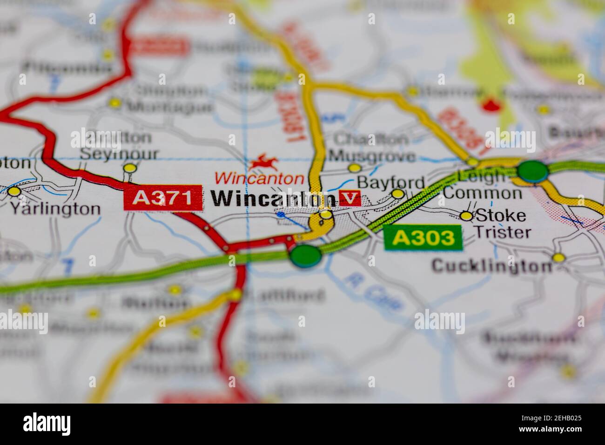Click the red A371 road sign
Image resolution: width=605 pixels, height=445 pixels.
point(163,198)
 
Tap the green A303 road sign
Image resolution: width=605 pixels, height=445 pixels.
point(423,238)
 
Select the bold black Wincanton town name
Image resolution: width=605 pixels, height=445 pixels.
point(274,199)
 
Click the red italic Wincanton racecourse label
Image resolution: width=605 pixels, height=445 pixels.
point(259,178)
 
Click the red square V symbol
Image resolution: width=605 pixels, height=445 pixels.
point(350,198)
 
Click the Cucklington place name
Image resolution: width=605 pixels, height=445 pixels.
point(491,266)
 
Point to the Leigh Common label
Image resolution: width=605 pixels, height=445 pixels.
point(482,184)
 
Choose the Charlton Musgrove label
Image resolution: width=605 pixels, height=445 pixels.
point(372,147)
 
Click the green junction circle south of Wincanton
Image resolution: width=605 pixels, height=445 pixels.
point(305,256)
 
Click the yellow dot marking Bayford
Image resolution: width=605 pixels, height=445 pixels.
point(397,194)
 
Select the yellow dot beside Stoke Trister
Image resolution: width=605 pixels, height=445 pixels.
point(466,216)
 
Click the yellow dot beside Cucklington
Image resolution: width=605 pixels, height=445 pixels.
point(558,257)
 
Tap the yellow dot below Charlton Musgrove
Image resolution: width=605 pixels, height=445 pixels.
point(355,168)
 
